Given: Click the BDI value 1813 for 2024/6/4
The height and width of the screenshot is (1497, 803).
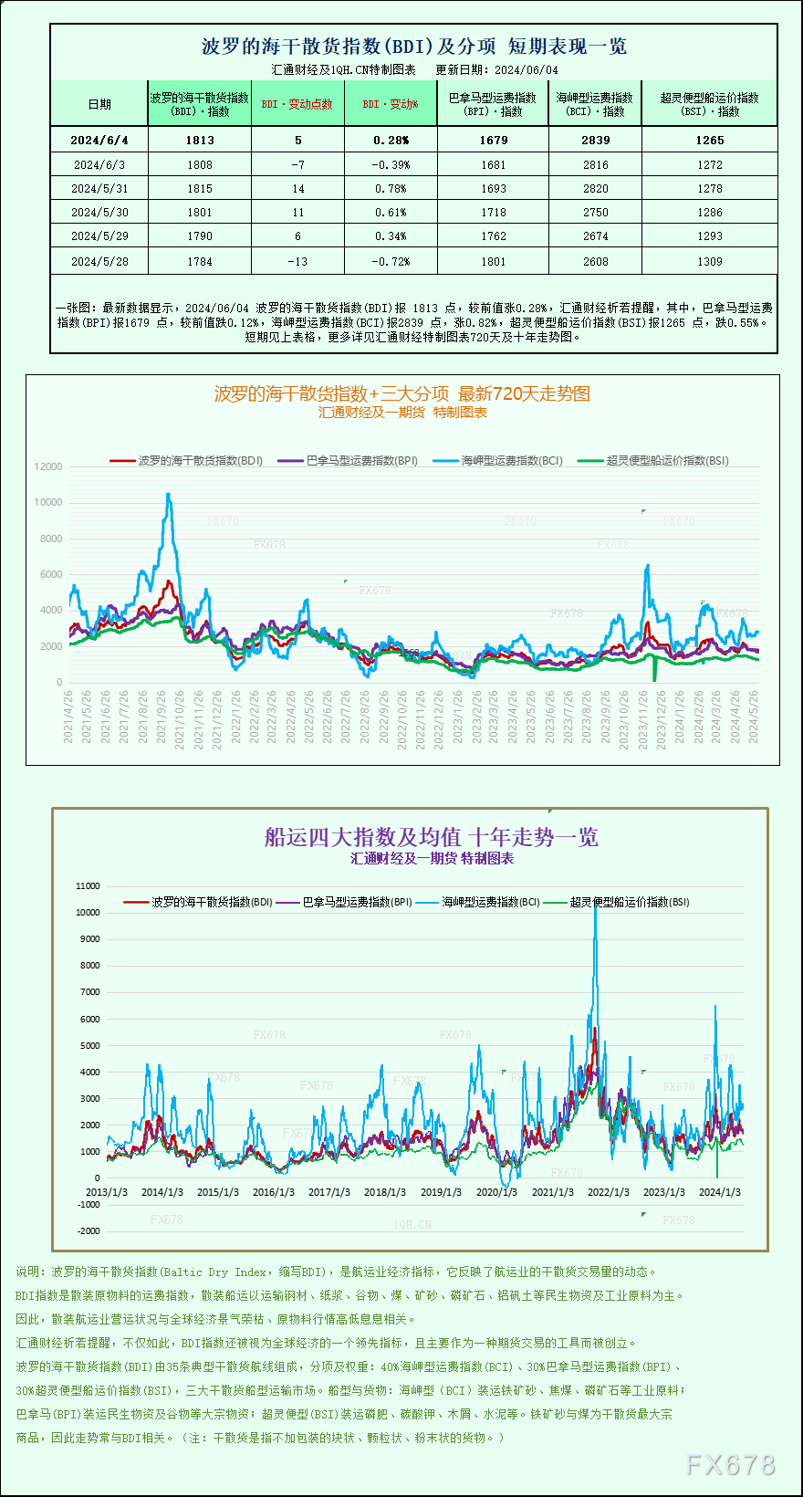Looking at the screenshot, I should (200, 140).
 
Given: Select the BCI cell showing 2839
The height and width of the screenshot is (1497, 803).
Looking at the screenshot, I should (595, 140).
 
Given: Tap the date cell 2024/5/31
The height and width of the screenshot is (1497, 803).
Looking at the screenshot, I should (99, 188).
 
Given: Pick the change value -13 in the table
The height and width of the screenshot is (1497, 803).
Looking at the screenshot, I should (297, 261).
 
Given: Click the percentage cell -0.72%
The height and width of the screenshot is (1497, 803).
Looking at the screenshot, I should (391, 261).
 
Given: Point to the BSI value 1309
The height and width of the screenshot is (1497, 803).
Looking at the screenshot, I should (709, 261).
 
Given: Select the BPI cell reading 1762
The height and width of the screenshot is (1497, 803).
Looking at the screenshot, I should (493, 236).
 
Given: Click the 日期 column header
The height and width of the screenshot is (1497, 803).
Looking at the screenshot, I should (99, 104).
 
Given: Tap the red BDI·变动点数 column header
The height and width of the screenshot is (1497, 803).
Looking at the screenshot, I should (297, 104).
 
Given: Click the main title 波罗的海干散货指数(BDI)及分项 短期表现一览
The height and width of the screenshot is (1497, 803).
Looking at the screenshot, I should (413, 46).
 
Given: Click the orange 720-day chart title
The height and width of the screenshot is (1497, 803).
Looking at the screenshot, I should (401, 393).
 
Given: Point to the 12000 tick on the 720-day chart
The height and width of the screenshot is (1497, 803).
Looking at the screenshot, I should (48, 466).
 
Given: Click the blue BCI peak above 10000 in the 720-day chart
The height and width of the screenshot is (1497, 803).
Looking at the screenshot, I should (168, 495).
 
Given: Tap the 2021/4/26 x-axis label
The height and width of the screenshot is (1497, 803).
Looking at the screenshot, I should (68, 717).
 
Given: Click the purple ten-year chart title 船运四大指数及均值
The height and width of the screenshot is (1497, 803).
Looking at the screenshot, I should (431, 836).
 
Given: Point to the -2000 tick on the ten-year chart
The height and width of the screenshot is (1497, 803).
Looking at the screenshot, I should (89, 1230).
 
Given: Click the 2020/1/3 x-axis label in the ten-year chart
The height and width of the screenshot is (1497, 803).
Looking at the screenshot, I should (496, 1192).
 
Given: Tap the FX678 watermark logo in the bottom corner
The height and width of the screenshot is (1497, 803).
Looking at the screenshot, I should (730, 1465).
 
